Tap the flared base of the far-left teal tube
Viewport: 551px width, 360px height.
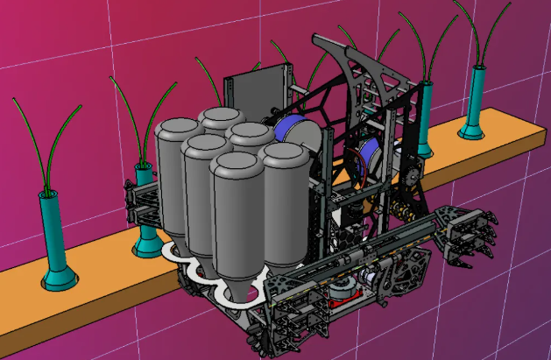59,281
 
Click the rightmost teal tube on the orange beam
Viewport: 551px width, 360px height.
477,101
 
